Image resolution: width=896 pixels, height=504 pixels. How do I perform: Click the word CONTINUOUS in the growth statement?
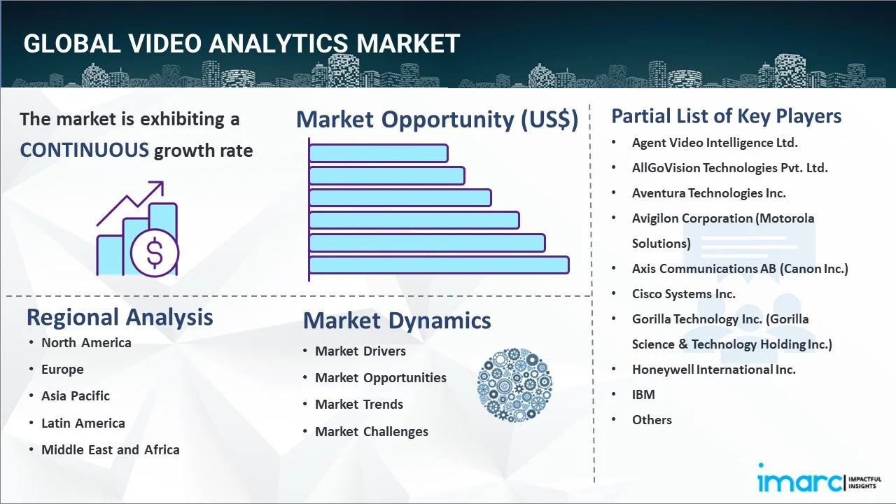(85, 150)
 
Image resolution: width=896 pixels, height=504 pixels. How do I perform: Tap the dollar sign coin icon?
(155, 253)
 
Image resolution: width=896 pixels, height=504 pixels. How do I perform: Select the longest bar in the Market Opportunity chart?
(439, 265)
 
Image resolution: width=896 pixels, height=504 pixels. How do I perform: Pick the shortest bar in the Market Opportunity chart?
(379, 153)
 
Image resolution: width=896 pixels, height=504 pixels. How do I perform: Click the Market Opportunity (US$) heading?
(437, 119)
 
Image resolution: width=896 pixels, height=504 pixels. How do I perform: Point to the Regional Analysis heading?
(120, 317)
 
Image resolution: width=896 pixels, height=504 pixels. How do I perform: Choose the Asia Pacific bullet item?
(76, 395)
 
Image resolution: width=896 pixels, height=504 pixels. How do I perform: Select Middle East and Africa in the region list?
(111, 449)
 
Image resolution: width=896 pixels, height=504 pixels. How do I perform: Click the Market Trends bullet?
(359, 404)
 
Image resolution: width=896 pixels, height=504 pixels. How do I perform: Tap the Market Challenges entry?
(372, 431)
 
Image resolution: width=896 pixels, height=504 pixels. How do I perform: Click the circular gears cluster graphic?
(514, 385)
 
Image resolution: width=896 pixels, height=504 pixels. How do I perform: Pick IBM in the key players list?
(643, 394)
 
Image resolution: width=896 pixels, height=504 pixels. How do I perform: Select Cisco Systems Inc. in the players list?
(684, 293)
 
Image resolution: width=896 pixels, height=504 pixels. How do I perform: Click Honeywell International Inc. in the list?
(713, 369)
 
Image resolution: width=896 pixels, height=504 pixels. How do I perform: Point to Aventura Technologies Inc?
(709, 192)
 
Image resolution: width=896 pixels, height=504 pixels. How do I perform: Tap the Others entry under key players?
(652, 419)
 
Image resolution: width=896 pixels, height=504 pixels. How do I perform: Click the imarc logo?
(820, 479)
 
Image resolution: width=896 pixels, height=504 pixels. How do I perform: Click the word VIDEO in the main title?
(165, 43)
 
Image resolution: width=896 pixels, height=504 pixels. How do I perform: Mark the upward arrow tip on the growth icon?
(163, 182)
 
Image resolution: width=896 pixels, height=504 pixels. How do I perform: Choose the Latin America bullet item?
(83, 423)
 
